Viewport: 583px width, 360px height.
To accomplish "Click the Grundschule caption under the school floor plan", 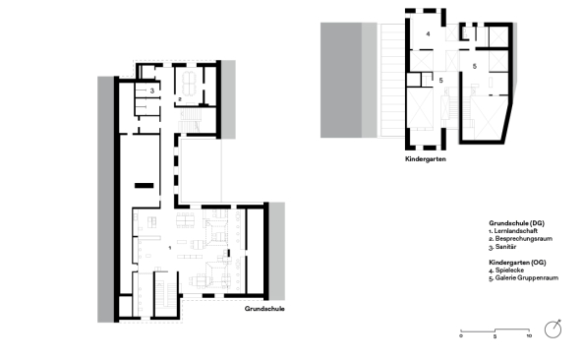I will click(x=264, y=309).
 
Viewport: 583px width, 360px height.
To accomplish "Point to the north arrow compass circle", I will click(x=554, y=329).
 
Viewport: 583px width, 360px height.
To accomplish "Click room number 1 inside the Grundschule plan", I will click(x=170, y=247).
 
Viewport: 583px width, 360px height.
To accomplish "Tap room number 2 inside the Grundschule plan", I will click(x=181, y=99).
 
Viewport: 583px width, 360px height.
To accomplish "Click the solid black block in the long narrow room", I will click(x=146, y=184).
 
